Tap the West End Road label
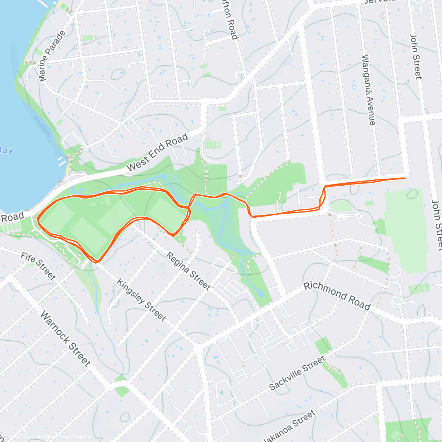pyautogui.click(x=157, y=152)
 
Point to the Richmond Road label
pyautogui.click(x=337, y=296)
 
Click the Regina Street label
pyautogui.click(x=188, y=271)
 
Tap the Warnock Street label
pyautogui.click(x=65, y=338)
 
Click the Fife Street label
pyautogui.click(x=38, y=266)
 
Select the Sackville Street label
pyautogui.click(x=297, y=373)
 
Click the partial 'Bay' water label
pyautogui.click(x=6, y=150)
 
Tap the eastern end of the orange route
pyautogui.click(x=405, y=178)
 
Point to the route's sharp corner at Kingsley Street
pyautogui.click(x=97, y=262)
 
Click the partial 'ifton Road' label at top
pyautogui.click(x=229, y=20)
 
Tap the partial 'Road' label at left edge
pyautogui.click(x=12, y=217)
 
